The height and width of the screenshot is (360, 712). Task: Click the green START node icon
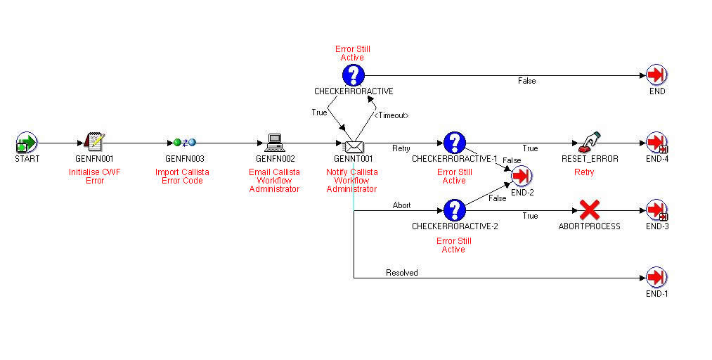click(x=27, y=143)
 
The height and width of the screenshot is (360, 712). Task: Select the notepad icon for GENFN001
click(x=93, y=142)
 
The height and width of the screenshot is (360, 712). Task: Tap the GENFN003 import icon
click(x=184, y=142)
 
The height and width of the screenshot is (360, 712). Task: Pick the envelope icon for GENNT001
click(x=353, y=146)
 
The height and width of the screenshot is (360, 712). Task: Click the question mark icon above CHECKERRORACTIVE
click(x=354, y=75)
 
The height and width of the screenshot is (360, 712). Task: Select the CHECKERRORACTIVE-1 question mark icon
click(x=455, y=143)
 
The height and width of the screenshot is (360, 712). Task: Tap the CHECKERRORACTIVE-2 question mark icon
click(x=455, y=210)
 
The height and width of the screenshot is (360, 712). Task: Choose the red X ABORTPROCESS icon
click(x=589, y=209)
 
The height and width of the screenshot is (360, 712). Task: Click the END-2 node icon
click(x=522, y=176)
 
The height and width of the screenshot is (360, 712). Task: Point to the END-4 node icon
click(x=656, y=143)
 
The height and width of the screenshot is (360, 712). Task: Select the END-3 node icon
click(x=656, y=210)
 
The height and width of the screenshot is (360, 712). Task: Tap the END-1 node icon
click(x=656, y=276)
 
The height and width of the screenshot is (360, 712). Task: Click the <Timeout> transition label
click(x=391, y=115)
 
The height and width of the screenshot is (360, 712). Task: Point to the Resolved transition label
click(x=401, y=272)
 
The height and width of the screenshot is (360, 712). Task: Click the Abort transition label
click(x=401, y=205)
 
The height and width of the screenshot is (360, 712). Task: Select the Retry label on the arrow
click(x=401, y=148)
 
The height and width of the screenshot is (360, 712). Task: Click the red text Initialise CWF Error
click(x=94, y=176)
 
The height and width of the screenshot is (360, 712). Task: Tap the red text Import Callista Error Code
click(x=182, y=176)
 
